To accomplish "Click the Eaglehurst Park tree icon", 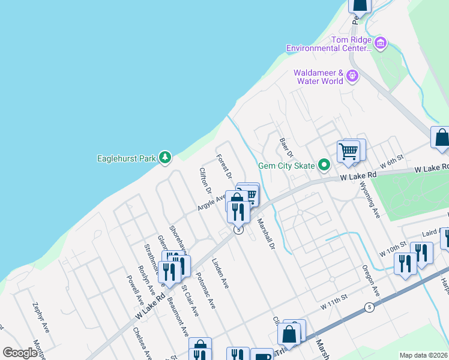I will pos(165,158).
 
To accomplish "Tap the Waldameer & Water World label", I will pos(318,77).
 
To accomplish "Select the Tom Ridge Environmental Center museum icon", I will pos(380,43).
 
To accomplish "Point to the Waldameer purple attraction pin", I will pos(352,76).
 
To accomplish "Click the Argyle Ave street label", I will pos(211,202).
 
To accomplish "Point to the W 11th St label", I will pos(334,306).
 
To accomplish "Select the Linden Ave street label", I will pos(220,274).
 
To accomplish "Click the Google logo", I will pos(20,353).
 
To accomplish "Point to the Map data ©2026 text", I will pos(423,355).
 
